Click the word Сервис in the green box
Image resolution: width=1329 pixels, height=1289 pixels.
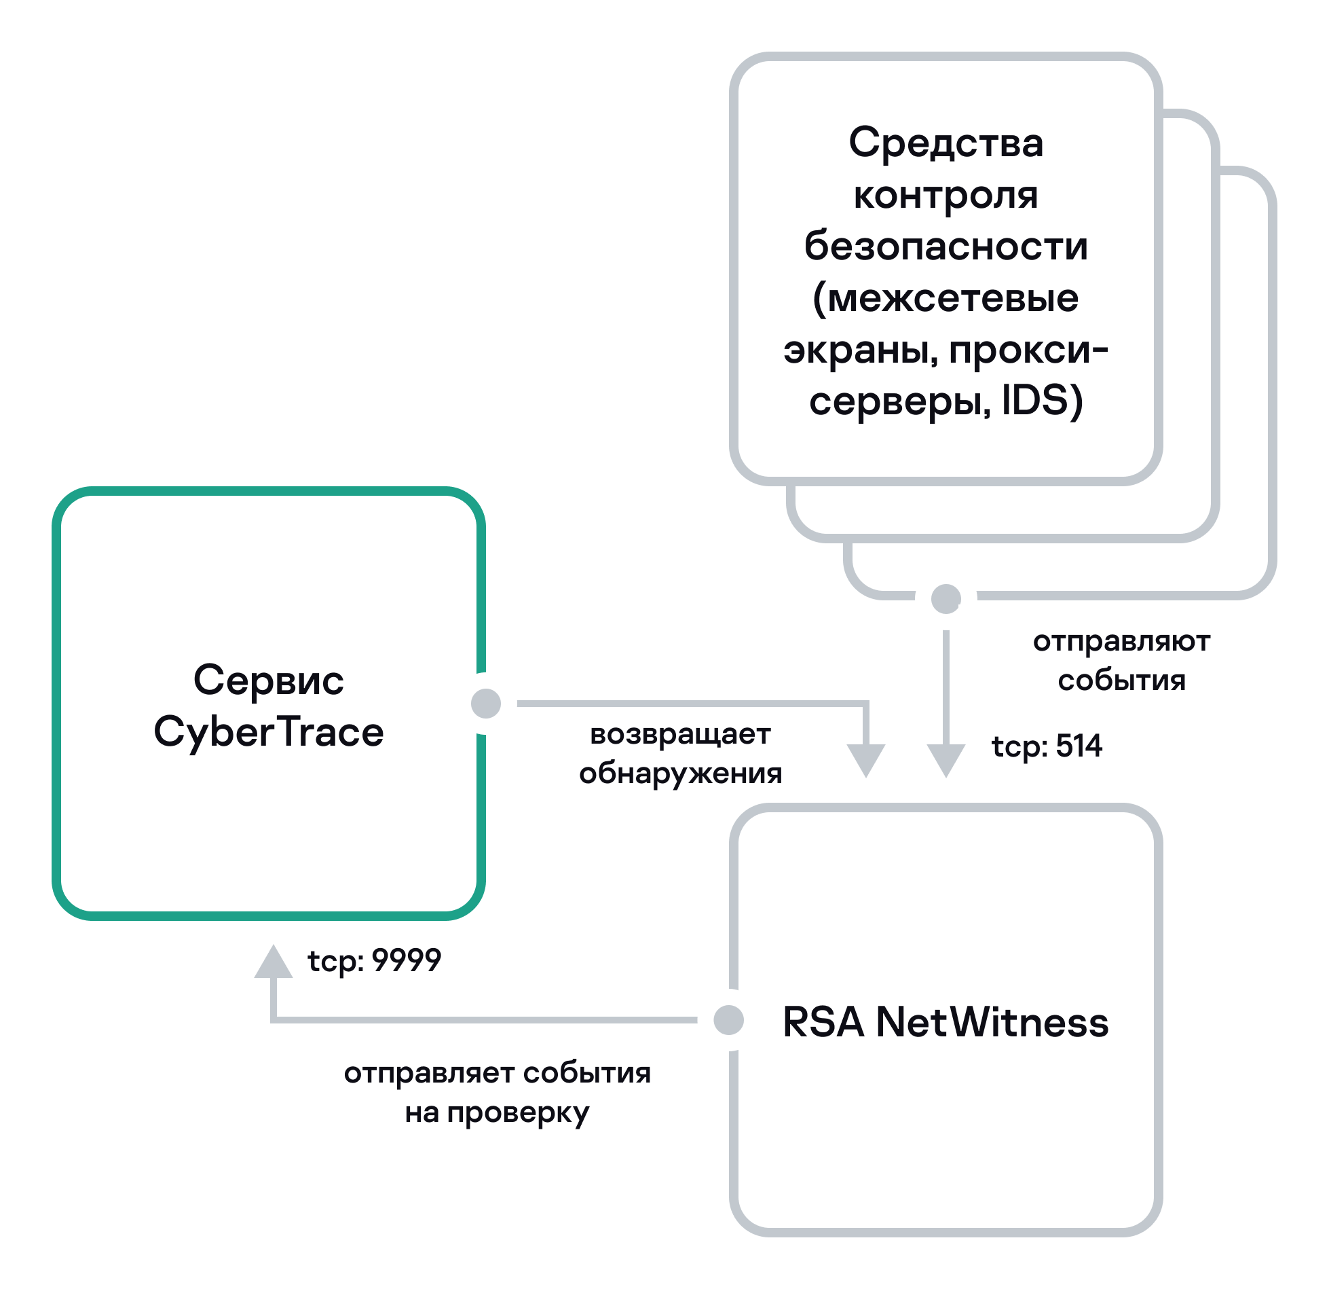click(x=269, y=680)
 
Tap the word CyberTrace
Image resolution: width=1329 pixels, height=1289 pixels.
click(x=269, y=732)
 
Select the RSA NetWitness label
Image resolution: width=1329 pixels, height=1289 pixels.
click(x=946, y=1022)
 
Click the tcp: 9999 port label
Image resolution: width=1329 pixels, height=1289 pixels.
click(x=375, y=961)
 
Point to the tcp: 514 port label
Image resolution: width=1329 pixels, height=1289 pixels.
click(x=1047, y=746)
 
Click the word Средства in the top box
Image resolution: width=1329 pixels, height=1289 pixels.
click(x=946, y=144)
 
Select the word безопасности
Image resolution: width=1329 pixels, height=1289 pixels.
click(x=946, y=247)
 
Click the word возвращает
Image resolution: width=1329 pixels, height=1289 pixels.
click(x=680, y=734)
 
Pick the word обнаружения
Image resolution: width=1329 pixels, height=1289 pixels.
click(x=680, y=774)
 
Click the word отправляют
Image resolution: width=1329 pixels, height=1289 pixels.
click(x=1121, y=642)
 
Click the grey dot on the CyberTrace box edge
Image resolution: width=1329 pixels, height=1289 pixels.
click(x=486, y=703)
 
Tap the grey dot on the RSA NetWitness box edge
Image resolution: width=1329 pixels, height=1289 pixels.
click(x=729, y=1020)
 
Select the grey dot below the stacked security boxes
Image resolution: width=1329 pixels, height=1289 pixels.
click(x=946, y=598)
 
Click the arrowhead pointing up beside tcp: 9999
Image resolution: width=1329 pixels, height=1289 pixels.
click(x=274, y=964)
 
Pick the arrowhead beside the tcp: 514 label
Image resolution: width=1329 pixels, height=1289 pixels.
click(x=946, y=759)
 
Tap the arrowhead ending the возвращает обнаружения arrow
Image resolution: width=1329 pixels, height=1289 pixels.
click(x=866, y=759)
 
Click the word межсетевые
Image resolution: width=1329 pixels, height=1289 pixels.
click(x=954, y=299)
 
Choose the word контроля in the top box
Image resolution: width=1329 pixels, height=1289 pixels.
click(x=946, y=196)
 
